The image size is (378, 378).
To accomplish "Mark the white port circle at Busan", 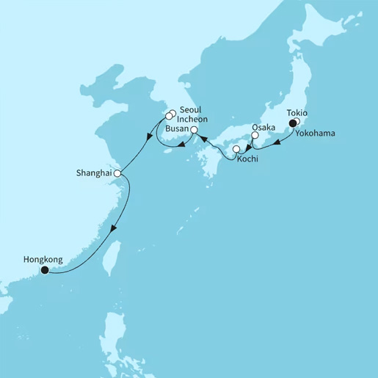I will click(194, 131).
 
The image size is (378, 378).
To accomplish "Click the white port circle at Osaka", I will click(255, 135).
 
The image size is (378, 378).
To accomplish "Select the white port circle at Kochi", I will click(236, 150).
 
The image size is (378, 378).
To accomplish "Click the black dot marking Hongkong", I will click(45, 270).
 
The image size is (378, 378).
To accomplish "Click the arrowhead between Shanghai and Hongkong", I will click(112, 230).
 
